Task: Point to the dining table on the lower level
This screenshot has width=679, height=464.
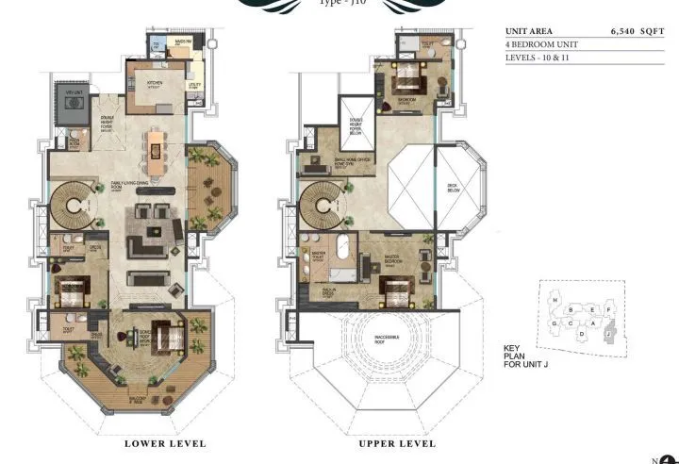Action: tap(154, 146)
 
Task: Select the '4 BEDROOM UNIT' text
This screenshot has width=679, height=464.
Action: tap(538, 44)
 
